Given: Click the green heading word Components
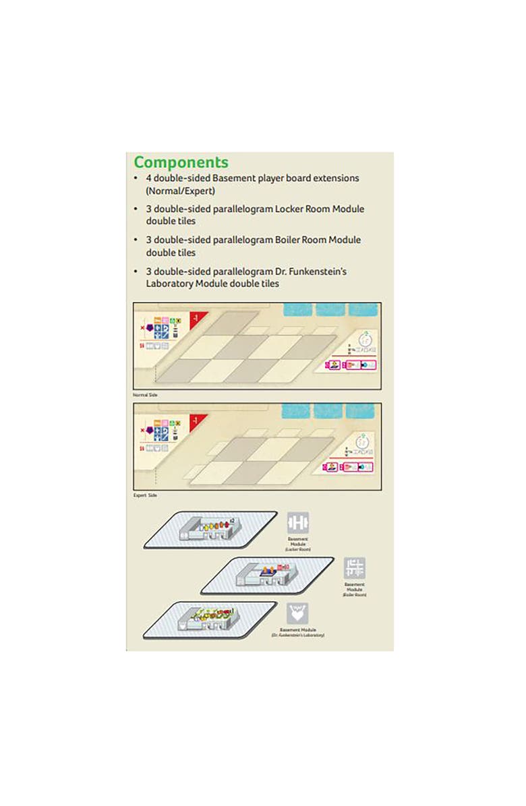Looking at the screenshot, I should pos(181,162).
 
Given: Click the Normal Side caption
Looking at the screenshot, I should pos(146,394).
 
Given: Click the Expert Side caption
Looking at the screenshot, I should pos(146,495).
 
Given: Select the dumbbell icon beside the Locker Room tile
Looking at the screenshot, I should pos(297,523).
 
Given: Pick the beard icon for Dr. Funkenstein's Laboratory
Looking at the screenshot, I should pos(297,613).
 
